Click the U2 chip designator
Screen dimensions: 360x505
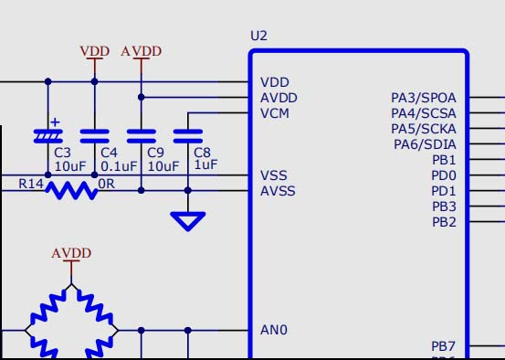258,36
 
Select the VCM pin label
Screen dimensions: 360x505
276,113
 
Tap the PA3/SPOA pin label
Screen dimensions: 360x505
423,98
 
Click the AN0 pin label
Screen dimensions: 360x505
274,330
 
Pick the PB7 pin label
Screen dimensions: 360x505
444,346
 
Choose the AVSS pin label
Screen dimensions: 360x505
278,191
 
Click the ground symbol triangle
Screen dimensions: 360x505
188,220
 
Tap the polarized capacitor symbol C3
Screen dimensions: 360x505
47,134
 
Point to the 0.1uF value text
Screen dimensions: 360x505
119,167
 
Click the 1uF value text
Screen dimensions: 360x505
205,165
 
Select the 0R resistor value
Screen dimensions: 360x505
107,184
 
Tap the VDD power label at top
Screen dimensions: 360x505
94,51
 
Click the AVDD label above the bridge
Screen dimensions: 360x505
72,253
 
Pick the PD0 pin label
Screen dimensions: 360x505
444,175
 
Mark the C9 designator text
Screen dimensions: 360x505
155,153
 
